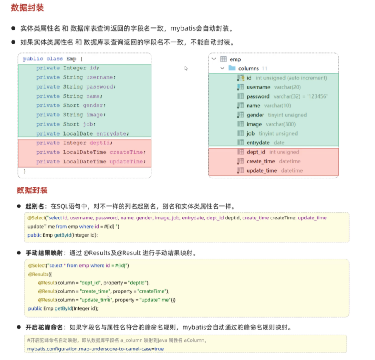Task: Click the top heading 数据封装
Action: [x=27, y=7]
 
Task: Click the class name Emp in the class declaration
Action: [x=71, y=59]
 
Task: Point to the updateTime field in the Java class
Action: [x=127, y=162]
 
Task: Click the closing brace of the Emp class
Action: [x=25, y=171]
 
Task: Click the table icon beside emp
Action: [x=224, y=59]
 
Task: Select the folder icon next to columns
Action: [x=232, y=68]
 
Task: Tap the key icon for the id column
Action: [x=241, y=78]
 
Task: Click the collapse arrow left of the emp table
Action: [x=214, y=59]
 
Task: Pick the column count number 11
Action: [x=265, y=68]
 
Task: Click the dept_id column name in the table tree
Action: [x=256, y=152]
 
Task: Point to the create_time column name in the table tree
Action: [x=261, y=161]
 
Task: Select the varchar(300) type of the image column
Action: [x=281, y=124]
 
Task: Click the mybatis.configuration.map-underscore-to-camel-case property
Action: [x=90, y=349]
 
